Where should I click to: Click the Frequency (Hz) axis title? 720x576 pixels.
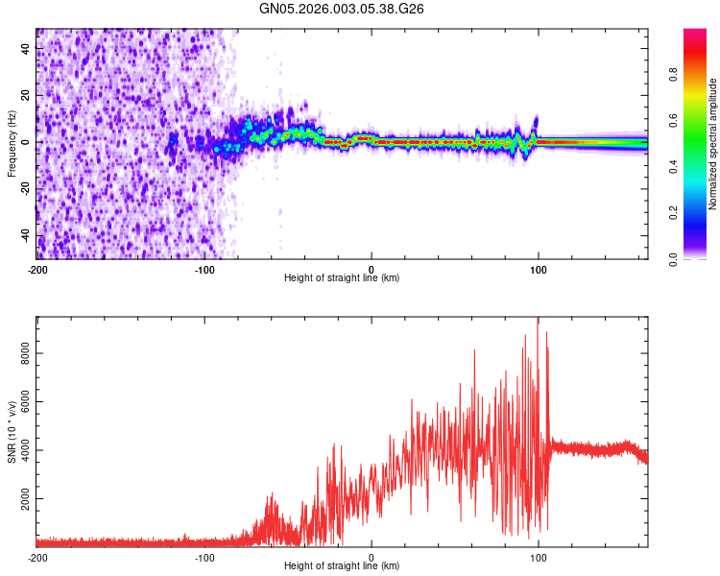(x=12, y=143)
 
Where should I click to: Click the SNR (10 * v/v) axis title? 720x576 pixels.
(x=12, y=431)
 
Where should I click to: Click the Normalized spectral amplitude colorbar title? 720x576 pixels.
(x=713, y=145)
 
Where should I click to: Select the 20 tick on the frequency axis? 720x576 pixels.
(x=26, y=96)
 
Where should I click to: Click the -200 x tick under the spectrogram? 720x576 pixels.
(x=36, y=269)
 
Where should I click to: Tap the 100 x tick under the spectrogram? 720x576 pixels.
(x=539, y=269)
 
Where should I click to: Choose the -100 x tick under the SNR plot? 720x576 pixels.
(x=204, y=557)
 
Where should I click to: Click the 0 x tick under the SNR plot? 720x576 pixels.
(x=372, y=557)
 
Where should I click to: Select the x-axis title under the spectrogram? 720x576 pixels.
(x=342, y=277)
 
